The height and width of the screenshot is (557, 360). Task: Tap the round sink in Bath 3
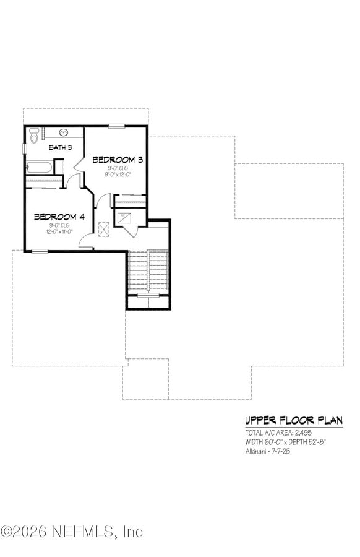coord(64,132)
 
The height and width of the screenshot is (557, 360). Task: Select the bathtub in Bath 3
coord(40,167)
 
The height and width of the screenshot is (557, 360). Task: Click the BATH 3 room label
coord(61,147)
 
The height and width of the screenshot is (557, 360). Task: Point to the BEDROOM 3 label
coord(118,160)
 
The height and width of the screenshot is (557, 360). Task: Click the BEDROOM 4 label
coord(59,217)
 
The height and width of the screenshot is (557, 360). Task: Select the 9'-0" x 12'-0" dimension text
coord(118,175)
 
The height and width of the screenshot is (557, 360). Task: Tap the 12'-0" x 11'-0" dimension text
coord(59,231)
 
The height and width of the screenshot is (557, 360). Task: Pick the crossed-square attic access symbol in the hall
coord(105,228)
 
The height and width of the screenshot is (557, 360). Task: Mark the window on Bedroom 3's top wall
coord(117,126)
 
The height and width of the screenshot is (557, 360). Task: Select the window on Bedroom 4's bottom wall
coord(40,251)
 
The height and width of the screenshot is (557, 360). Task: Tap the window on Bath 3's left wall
coord(25,149)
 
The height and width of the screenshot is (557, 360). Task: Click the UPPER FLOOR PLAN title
coord(293,420)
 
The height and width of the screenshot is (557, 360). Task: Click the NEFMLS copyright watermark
coord(72,532)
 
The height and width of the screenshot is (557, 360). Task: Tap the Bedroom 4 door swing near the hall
coord(87,241)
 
